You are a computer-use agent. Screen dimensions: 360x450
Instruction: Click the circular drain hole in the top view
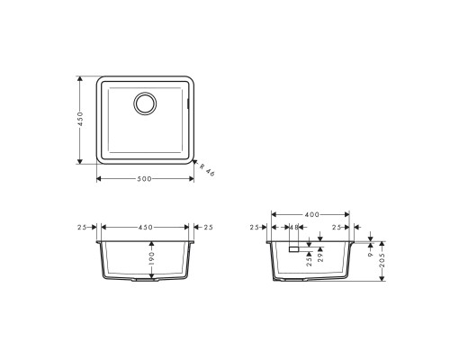(x=144, y=103)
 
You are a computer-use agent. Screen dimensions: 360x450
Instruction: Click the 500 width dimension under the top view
(x=144, y=178)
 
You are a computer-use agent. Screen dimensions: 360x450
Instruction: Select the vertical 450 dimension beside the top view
(x=80, y=120)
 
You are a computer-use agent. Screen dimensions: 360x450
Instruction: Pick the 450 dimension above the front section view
(x=144, y=227)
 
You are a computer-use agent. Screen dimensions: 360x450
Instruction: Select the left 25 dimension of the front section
(x=83, y=227)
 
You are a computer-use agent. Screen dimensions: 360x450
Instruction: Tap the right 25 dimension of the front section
(x=208, y=227)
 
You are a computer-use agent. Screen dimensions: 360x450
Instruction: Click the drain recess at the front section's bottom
(x=144, y=282)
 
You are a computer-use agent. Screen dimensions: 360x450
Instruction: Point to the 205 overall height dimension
(x=383, y=263)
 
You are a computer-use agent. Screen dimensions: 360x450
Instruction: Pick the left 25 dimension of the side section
(x=255, y=228)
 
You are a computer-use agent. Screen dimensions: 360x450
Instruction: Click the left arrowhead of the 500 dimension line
(x=97, y=178)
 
